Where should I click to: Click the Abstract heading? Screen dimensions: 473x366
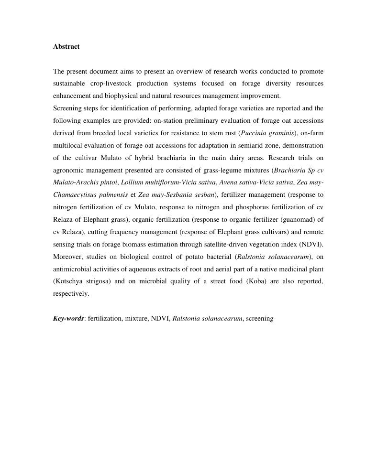(66, 46)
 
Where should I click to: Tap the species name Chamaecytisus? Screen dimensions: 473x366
(75, 194)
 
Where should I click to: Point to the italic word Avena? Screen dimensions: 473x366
(228, 183)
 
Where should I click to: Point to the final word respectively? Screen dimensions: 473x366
(70, 294)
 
